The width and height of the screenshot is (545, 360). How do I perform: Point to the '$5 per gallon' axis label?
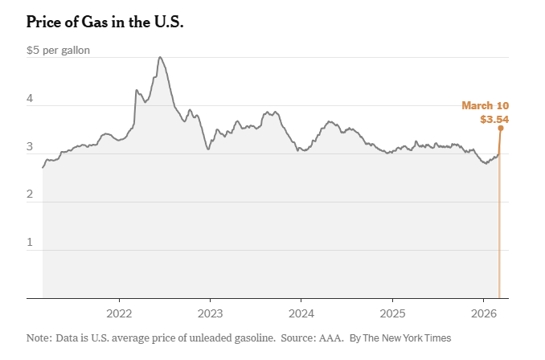coord(58,51)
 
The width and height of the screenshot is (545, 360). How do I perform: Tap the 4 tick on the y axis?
coord(30,99)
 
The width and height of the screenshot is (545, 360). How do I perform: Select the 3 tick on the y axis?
coord(30,147)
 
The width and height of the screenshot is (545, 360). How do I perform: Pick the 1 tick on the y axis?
coord(30,243)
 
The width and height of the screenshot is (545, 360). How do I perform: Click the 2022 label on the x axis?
coord(119,313)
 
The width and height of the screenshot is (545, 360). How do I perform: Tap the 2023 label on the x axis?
coord(210,313)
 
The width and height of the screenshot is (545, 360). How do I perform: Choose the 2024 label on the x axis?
coord(301,313)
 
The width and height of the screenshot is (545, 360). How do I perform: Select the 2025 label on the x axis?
coord(392,313)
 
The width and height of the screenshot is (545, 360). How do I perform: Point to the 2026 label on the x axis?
coord(483,313)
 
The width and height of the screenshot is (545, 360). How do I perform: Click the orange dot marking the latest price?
coord(500,128)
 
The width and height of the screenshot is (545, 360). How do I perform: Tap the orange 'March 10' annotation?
coord(485,105)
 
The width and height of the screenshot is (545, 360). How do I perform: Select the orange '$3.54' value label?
coord(494,119)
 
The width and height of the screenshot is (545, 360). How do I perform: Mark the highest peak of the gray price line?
coord(160,57)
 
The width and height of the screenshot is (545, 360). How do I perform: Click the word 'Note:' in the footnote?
coord(39,338)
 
